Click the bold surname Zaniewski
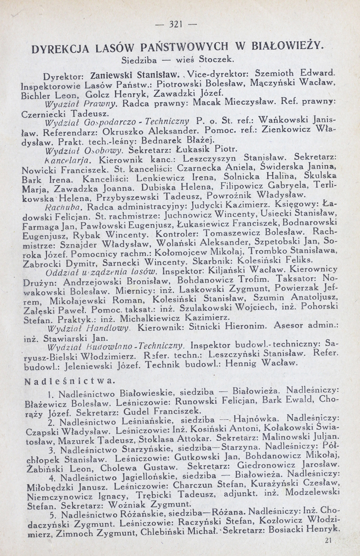[101, 75]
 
